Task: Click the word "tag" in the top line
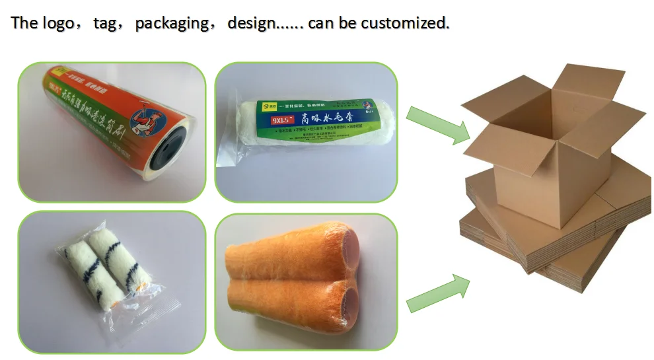(x=105, y=23)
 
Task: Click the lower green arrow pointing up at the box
(x=437, y=293)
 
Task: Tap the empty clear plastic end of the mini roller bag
(x=159, y=310)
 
